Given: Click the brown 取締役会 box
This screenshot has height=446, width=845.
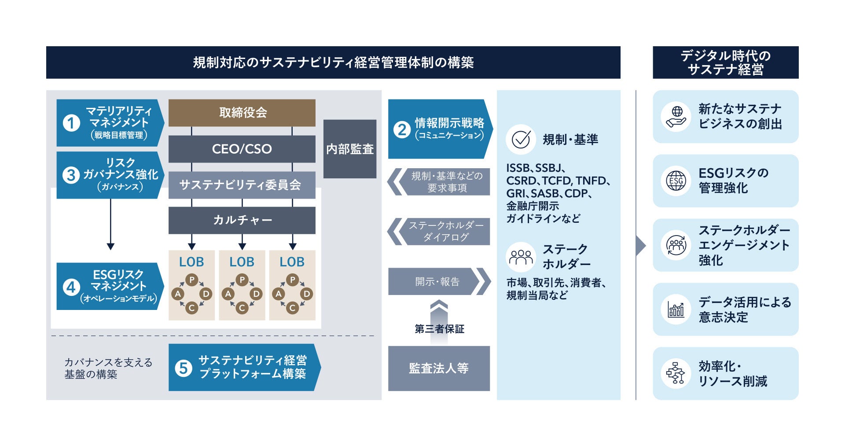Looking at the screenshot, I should click(x=242, y=113).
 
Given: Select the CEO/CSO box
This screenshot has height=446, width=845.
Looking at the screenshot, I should click(x=242, y=149).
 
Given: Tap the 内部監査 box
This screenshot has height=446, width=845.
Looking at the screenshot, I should click(x=349, y=149).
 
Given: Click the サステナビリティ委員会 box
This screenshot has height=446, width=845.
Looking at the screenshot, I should click(x=242, y=185).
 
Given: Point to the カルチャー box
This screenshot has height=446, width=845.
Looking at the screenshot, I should click(x=242, y=220).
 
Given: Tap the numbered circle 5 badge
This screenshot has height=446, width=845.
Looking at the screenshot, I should click(x=184, y=368).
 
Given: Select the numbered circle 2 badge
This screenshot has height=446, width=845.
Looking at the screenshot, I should click(x=402, y=129).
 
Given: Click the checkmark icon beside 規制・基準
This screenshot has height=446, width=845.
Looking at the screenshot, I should click(x=521, y=140).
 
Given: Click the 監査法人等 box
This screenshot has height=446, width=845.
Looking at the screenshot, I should click(x=439, y=368).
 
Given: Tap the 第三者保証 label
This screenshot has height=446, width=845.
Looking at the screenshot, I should click(x=439, y=329).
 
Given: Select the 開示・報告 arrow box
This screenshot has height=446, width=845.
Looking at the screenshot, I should click(x=437, y=281).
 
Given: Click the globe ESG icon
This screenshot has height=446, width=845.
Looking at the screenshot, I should click(x=676, y=181).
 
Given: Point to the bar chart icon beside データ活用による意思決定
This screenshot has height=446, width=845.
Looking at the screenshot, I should click(x=676, y=310).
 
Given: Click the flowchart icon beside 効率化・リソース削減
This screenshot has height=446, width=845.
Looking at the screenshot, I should click(x=676, y=373).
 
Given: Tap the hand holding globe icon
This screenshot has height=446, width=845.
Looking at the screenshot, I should click(x=676, y=117).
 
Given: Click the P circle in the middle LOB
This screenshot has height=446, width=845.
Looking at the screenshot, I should click(x=242, y=280).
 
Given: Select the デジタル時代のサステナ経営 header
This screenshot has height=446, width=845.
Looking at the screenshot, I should click(x=725, y=63).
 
